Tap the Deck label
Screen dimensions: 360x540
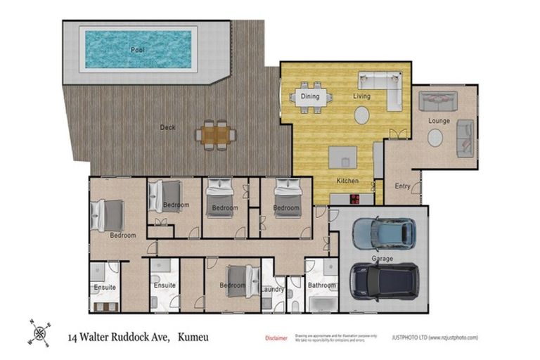(167, 127)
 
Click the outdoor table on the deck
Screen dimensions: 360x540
(216, 133)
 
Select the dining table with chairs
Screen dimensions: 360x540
(310, 99)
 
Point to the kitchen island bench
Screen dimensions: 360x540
(342, 157)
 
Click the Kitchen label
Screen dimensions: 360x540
(347, 181)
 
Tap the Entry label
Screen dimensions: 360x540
(403, 186)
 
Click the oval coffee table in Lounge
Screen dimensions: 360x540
(435, 138)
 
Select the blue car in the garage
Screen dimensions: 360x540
(382, 233)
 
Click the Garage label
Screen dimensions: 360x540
(382, 259)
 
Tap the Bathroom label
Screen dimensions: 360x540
(322, 285)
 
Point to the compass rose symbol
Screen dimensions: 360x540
(39, 331)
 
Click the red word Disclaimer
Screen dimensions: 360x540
(276, 338)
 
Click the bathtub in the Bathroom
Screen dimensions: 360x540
(323, 304)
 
